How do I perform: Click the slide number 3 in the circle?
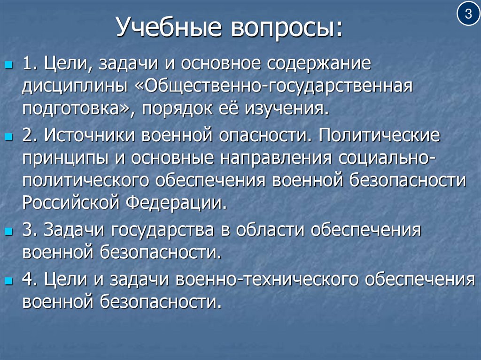point(468,15)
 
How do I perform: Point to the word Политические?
point(379,136)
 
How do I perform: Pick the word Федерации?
point(177,203)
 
